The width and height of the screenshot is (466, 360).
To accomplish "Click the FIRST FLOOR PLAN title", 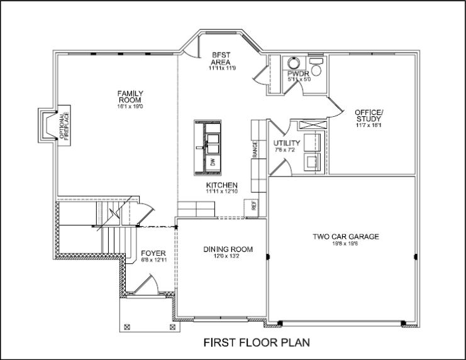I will coord(256,343).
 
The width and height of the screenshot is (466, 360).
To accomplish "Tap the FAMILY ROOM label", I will coord(130,97).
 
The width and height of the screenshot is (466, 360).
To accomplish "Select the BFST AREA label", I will coord(222,58).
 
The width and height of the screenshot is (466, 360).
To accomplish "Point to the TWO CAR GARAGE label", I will coord(346,237).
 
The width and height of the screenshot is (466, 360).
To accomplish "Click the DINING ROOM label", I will coord(228,249).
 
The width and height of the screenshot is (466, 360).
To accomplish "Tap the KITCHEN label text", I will coord(222,185).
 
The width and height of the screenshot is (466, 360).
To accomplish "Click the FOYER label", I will coord(153,253).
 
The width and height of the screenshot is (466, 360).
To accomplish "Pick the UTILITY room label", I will coord(287,143).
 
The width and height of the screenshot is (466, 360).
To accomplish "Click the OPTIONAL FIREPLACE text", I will coord(63,125).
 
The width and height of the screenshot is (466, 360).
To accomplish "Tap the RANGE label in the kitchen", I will coord(255,149).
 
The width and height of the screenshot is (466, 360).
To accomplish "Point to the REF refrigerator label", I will coord(254,205).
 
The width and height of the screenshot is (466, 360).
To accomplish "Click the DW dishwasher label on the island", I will coord(213,162).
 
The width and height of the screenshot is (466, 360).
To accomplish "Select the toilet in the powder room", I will coord(316,68).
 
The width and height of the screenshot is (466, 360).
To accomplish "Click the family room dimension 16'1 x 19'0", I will coord(130,107).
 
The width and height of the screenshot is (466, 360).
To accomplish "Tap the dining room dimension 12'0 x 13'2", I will coord(228,256).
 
